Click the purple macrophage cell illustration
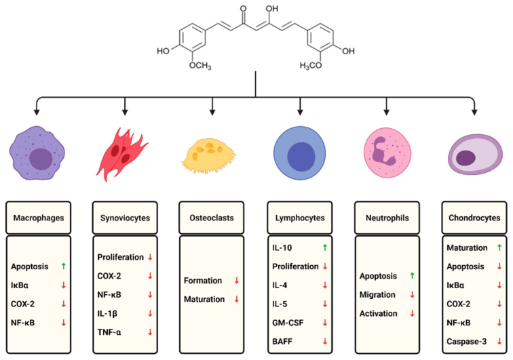pyautogui.click(x=37, y=153)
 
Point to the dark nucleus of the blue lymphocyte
pyautogui.click(x=301, y=157)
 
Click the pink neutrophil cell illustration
pyautogui.click(x=387, y=153)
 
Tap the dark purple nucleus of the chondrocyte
pyautogui.click(x=465, y=158)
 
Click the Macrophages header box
pyautogui.click(x=38, y=218)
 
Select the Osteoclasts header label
pyautogui.click(x=212, y=218)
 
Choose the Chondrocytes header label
pyautogui.click(x=474, y=218)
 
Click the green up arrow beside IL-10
pyautogui.click(x=325, y=248)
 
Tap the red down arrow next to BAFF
pyautogui.click(x=325, y=342)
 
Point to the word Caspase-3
pyautogui.click(x=467, y=342)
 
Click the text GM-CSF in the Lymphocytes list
pyautogui.click(x=288, y=323)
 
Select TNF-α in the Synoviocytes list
pyautogui.click(x=109, y=332)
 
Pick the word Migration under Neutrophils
pyautogui.click(x=377, y=295)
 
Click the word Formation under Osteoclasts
pyautogui.click(x=203, y=281)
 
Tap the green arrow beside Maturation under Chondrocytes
pyautogui.click(x=499, y=248)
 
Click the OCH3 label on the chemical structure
pyautogui.click(x=200, y=66)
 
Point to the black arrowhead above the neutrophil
pyautogui.click(x=386, y=112)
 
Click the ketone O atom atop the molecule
pyautogui.click(x=243, y=9)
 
